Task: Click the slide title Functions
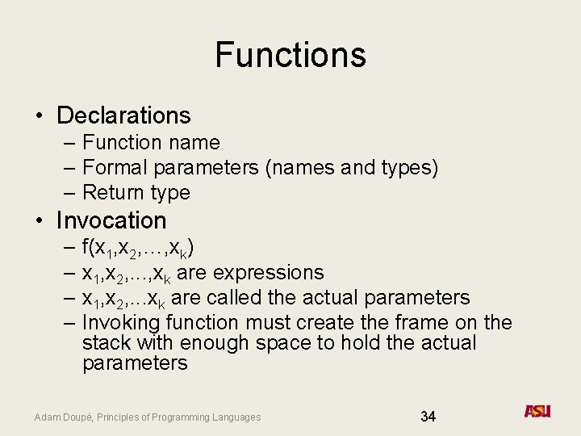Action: pyautogui.click(x=290, y=55)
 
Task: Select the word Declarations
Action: pyautogui.click(x=123, y=115)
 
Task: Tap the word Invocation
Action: pyautogui.click(x=111, y=220)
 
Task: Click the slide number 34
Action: pyautogui.click(x=428, y=417)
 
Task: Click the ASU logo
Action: pyautogui.click(x=537, y=411)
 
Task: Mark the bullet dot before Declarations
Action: pyautogui.click(x=40, y=116)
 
